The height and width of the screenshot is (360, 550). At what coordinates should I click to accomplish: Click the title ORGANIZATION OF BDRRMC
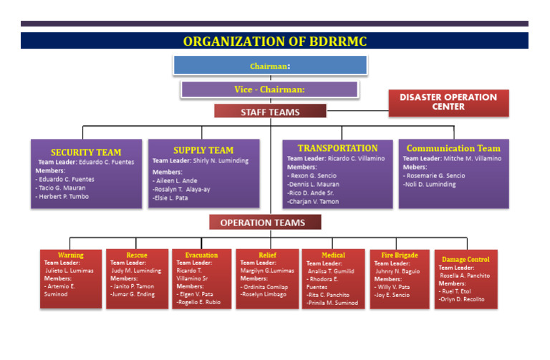tap(274, 42)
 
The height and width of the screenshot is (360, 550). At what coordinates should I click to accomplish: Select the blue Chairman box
tap(270, 66)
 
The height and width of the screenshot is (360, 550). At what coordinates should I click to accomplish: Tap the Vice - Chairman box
tap(269, 89)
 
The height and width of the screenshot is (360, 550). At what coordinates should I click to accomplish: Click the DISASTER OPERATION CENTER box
tap(448, 102)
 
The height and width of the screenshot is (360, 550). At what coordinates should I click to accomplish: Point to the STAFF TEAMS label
tap(270, 112)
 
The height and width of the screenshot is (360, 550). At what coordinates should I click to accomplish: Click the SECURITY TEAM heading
tap(86, 152)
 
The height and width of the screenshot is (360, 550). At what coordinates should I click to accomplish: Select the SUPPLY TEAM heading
tap(203, 150)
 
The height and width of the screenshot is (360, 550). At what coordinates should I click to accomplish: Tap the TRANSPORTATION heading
tap(337, 148)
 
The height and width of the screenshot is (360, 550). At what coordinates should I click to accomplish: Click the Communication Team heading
tap(453, 149)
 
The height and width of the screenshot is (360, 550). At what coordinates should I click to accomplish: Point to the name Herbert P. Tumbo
tap(64, 197)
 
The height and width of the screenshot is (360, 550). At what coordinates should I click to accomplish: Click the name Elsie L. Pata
tap(171, 198)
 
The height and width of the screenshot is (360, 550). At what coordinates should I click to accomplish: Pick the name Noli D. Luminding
tap(430, 185)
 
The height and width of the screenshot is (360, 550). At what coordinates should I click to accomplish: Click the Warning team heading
tap(71, 255)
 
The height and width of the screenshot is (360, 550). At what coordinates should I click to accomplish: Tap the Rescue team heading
tap(137, 255)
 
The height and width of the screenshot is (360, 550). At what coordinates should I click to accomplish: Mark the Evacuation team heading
tap(201, 255)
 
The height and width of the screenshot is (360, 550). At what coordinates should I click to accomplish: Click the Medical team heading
tap(333, 255)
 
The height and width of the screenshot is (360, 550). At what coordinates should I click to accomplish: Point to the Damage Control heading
tap(465, 259)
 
